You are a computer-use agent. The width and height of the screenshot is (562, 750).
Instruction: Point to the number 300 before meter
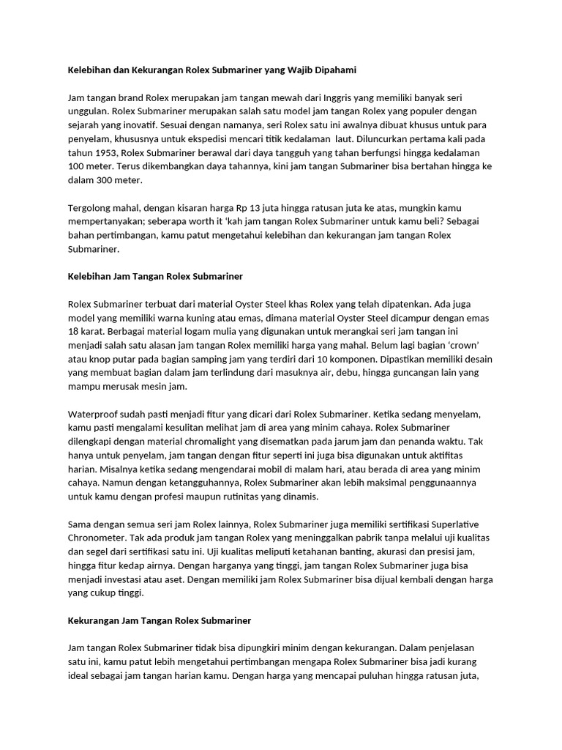tap(97, 181)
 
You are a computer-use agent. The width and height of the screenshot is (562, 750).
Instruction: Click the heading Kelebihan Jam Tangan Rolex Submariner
tap(155, 277)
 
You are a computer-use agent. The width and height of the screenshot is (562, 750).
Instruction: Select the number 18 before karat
tap(74, 333)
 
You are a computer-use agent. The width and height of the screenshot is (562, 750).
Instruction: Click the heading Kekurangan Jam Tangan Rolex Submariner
tap(160, 621)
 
